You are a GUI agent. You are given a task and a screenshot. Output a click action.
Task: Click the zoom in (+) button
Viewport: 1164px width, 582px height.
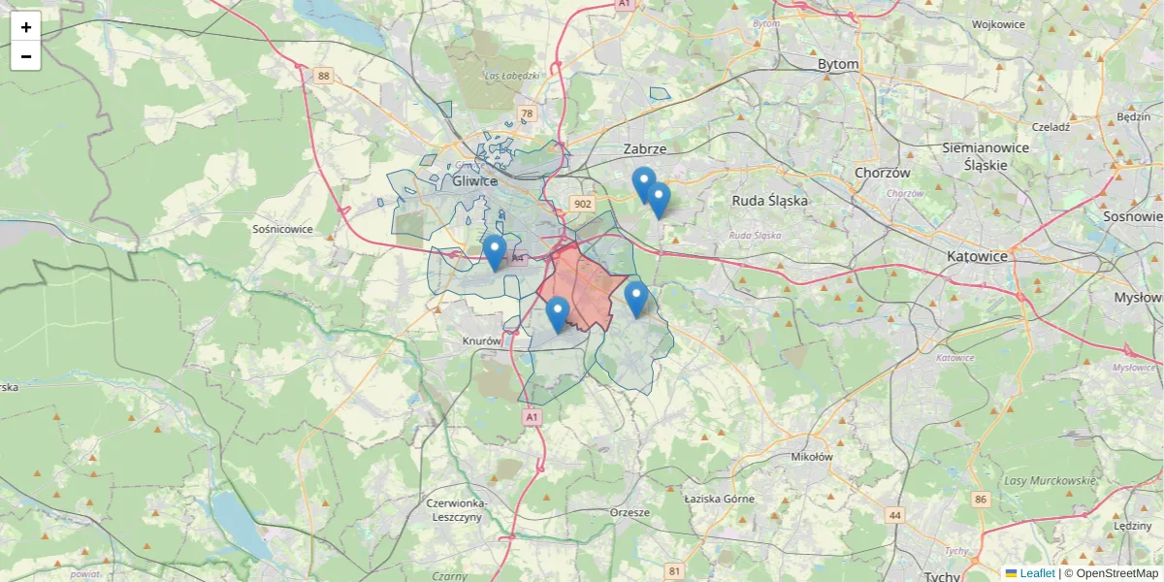[x=26, y=27]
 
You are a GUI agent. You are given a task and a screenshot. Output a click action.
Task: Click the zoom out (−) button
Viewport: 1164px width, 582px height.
[x=26, y=56]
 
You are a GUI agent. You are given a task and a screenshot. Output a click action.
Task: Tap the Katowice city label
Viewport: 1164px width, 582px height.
[x=977, y=257]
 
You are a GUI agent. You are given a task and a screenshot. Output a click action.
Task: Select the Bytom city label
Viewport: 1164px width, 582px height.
[x=838, y=64]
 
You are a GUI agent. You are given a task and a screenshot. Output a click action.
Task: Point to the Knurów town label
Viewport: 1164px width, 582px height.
[x=482, y=341]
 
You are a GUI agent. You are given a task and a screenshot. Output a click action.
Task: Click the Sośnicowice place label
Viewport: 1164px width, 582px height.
[x=282, y=230]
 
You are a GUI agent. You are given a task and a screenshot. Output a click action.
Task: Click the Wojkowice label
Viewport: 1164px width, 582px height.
[x=998, y=24]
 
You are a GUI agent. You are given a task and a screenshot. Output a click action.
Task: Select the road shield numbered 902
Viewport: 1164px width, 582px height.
[x=582, y=204]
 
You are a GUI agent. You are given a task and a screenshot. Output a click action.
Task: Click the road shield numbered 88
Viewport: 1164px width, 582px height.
[x=323, y=75]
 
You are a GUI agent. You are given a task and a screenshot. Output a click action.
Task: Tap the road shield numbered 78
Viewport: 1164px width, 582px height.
[x=527, y=113]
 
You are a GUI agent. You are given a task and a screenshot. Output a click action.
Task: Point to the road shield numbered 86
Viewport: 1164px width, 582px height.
[x=982, y=499]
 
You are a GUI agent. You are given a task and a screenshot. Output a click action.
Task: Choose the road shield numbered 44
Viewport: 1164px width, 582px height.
[x=894, y=515]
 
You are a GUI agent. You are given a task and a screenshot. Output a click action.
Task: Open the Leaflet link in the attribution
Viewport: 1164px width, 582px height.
[x=1036, y=573]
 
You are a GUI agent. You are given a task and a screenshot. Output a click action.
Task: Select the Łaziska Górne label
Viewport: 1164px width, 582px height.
[x=719, y=499]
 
